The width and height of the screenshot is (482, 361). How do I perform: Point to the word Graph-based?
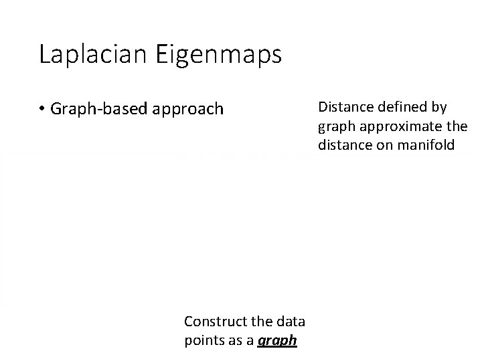coord(100,109)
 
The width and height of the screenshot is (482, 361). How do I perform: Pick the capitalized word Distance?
coord(346,107)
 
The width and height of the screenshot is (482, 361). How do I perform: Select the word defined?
coord(402,107)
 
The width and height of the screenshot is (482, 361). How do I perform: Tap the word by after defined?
coord(438,107)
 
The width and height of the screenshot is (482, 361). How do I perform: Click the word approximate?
coord(404,126)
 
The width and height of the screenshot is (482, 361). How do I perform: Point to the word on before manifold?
coord(388,144)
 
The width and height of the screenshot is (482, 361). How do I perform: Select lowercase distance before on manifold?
coord(345,144)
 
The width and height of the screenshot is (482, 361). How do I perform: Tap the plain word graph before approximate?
coord(335,126)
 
